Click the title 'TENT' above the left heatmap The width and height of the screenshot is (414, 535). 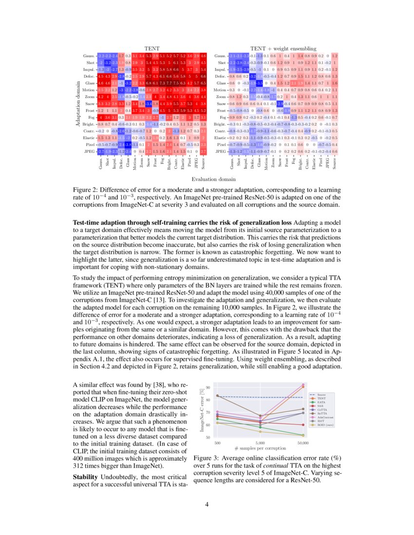click(152, 49)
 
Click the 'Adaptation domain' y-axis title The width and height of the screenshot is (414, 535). click(77, 104)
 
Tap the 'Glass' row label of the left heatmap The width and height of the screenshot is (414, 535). click(90, 83)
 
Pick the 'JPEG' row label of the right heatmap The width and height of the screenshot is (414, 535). click(221, 151)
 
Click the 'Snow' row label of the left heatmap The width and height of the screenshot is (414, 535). click(90, 104)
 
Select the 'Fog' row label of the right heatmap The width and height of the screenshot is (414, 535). click(223, 117)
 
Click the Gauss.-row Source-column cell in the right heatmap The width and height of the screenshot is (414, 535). click(335, 56)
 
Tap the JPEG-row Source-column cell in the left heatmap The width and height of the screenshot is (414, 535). click(203, 151)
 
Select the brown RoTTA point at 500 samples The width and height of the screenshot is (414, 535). click(217, 395)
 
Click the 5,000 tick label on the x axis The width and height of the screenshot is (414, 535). click(260, 443)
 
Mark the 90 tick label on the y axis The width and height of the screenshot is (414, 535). click(208, 388)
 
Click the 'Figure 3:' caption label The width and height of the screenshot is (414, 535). click(207, 458)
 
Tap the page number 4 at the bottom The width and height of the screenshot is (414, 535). click(207, 504)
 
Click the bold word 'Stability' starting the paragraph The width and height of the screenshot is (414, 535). click(86, 478)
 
